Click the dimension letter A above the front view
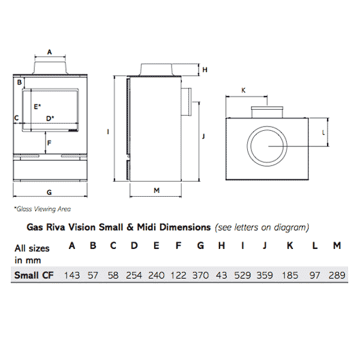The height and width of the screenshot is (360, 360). [50, 52]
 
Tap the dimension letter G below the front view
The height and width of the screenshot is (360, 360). [49, 192]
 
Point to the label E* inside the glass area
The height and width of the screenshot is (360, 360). [37, 106]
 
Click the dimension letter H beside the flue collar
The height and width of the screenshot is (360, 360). [205, 70]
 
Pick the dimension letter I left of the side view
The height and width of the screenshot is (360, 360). [107, 131]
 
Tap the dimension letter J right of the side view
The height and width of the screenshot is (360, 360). [204, 136]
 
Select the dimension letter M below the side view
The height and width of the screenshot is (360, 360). [156, 190]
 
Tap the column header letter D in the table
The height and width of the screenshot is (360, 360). [134, 245]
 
